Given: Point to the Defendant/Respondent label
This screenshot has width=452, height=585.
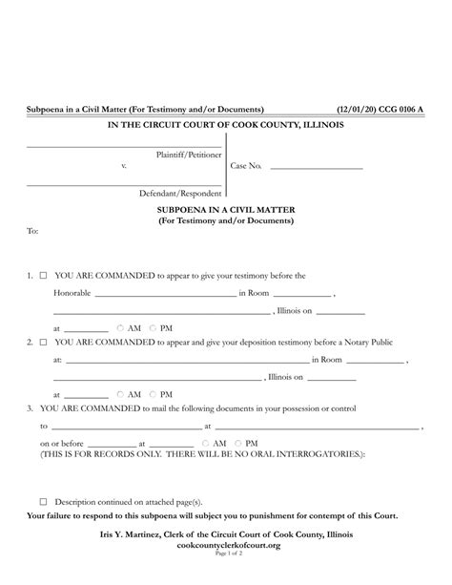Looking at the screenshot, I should pyautogui.click(x=180, y=192).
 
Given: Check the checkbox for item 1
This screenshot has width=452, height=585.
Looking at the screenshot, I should pyautogui.click(x=43, y=275).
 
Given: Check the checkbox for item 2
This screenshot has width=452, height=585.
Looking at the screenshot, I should pyautogui.click(x=43, y=341).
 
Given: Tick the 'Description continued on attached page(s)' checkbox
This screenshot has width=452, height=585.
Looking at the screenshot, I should pyautogui.click(x=43, y=500).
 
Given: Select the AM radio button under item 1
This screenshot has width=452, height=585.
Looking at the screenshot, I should pyautogui.click(x=121, y=325).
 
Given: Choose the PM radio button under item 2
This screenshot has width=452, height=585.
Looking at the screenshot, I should pyautogui.click(x=153, y=393).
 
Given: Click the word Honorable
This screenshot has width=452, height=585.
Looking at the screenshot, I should pyautogui.click(x=72, y=293).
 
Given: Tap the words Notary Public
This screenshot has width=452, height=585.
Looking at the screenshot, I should pyautogui.click(x=366, y=341).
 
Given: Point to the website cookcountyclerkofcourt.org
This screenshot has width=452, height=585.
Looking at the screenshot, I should pyautogui.click(x=225, y=544).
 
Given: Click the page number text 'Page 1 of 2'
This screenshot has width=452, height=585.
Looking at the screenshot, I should pyautogui.click(x=225, y=554).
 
